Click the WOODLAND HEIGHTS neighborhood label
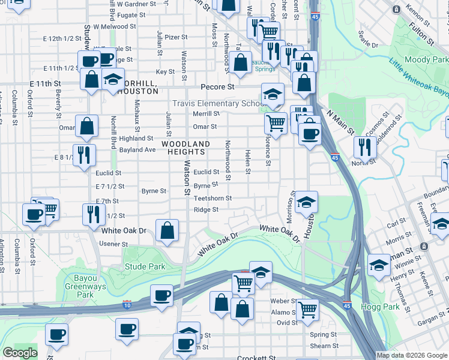(185, 148)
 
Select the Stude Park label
(144, 266)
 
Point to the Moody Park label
(426, 60)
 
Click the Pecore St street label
(217, 87)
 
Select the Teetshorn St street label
(212, 198)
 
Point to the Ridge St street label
(206, 209)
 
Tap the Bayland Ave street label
(137, 149)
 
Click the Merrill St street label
(206, 114)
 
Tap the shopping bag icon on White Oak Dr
(167, 230)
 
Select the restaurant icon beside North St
(365, 147)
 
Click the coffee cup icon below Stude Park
(162, 296)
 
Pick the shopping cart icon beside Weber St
(307, 310)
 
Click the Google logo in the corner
(20, 353)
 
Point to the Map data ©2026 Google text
(412, 355)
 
